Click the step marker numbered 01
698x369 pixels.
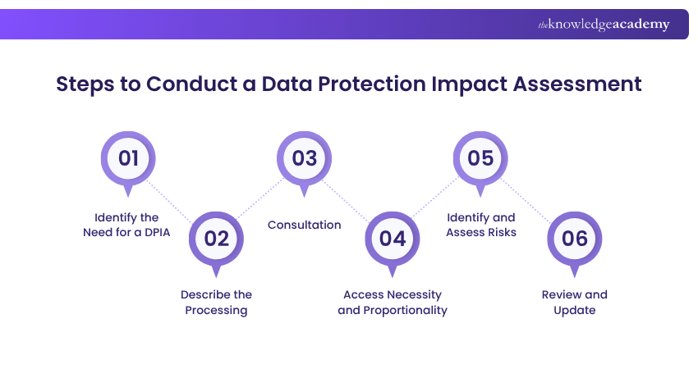[x=127, y=157]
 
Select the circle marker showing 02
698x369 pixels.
[x=216, y=239]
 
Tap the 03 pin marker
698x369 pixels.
[x=304, y=157]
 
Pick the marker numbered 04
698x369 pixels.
[x=393, y=239]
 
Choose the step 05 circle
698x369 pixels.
[x=481, y=157]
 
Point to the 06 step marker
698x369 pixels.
[x=575, y=239]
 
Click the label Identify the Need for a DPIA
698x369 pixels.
[x=128, y=225]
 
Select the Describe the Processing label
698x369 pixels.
[x=216, y=302]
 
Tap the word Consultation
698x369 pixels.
[x=304, y=225]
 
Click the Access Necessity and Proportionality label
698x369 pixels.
[x=393, y=302]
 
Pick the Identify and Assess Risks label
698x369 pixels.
[x=481, y=225]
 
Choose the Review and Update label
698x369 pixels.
[x=575, y=302]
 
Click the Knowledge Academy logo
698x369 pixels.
[x=604, y=25]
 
